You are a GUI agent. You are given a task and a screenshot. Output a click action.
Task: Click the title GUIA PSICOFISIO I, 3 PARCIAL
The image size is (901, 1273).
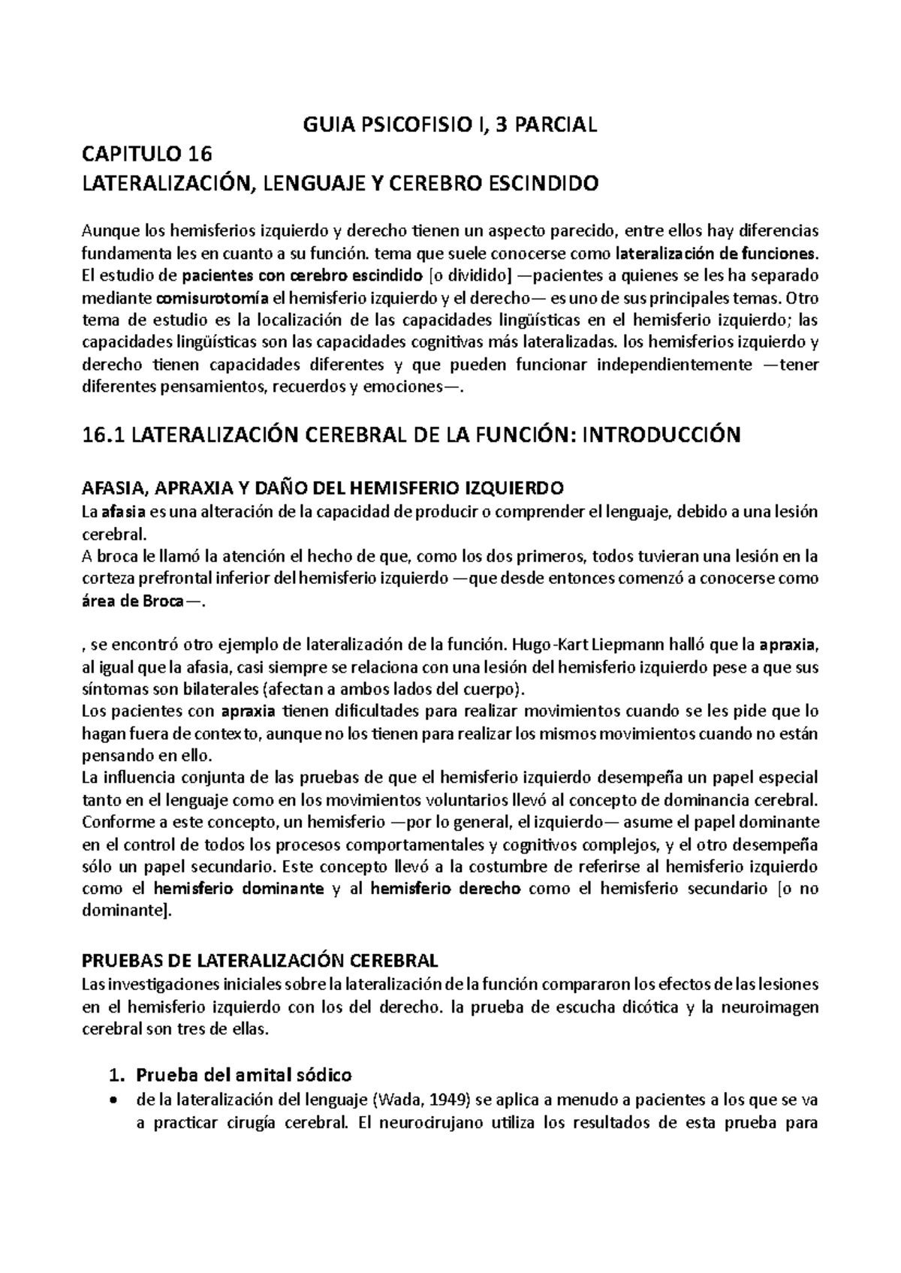point(450,125)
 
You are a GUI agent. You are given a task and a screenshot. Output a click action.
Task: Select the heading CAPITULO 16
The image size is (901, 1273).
point(147,155)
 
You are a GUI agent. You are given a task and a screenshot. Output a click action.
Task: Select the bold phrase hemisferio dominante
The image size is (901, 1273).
point(238,889)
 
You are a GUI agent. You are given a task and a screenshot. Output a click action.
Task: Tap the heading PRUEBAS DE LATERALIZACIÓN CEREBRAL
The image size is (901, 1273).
point(259,961)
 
